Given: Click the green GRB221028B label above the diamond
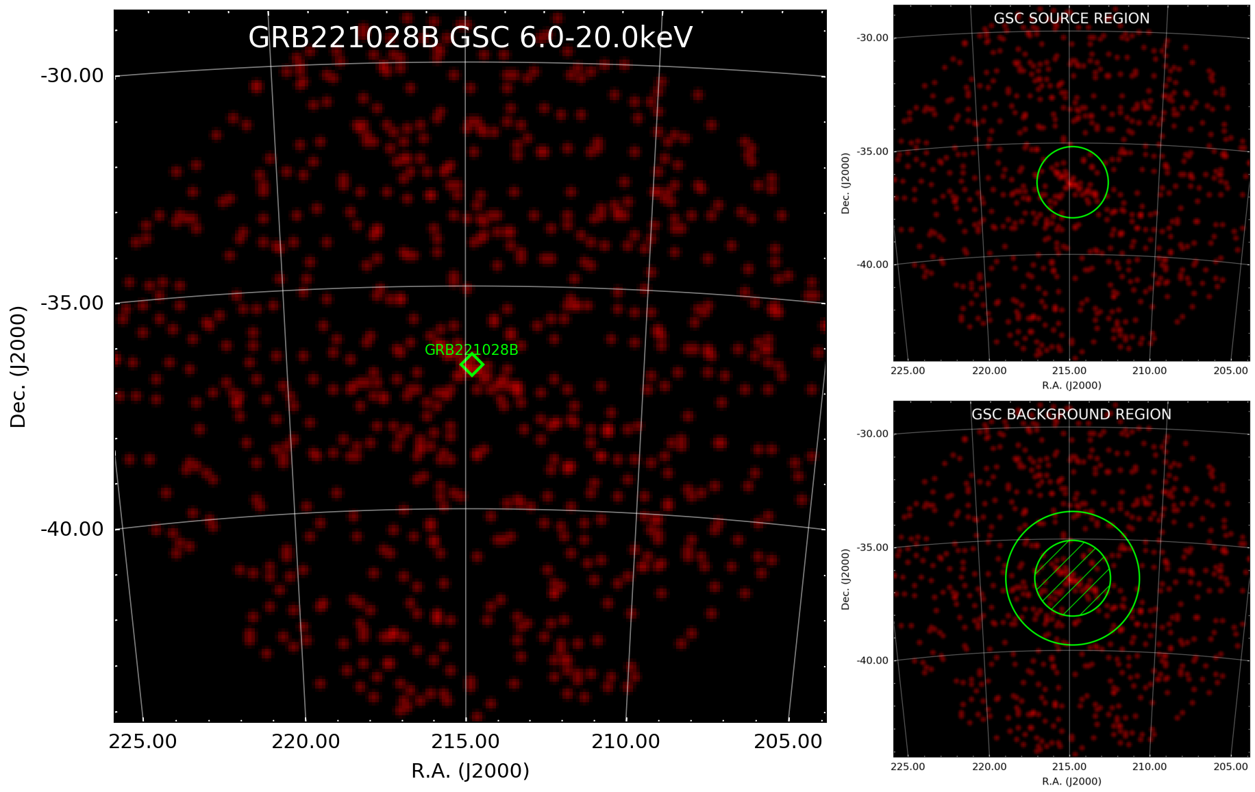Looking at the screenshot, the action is tap(471, 349).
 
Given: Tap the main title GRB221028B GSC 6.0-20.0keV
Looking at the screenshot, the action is tap(470, 38).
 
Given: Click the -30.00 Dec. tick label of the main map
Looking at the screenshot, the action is tap(72, 75).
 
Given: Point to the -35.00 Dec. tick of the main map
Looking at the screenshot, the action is tap(72, 303).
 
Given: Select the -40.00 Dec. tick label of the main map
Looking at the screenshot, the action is tap(72, 529).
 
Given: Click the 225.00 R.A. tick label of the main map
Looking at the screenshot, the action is tap(142, 741).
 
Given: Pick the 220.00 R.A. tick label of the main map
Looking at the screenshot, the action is tap(306, 741).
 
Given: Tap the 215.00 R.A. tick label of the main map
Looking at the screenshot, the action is tap(466, 741).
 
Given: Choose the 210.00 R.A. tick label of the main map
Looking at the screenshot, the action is tap(626, 741).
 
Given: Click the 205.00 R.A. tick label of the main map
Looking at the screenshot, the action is tap(788, 741).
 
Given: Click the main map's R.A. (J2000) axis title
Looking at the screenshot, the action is tap(470, 771).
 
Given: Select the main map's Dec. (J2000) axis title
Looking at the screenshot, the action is tap(18, 367).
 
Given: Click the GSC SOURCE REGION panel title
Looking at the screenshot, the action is tap(1071, 18).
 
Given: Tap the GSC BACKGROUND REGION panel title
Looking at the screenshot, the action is tap(1071, 414).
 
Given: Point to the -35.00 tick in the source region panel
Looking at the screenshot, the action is tap(873, 151).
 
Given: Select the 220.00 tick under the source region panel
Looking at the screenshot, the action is tap(989, 371).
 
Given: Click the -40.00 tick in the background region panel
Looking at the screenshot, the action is tap(873, 660).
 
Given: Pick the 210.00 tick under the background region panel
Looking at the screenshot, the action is tap(1150, 767).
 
